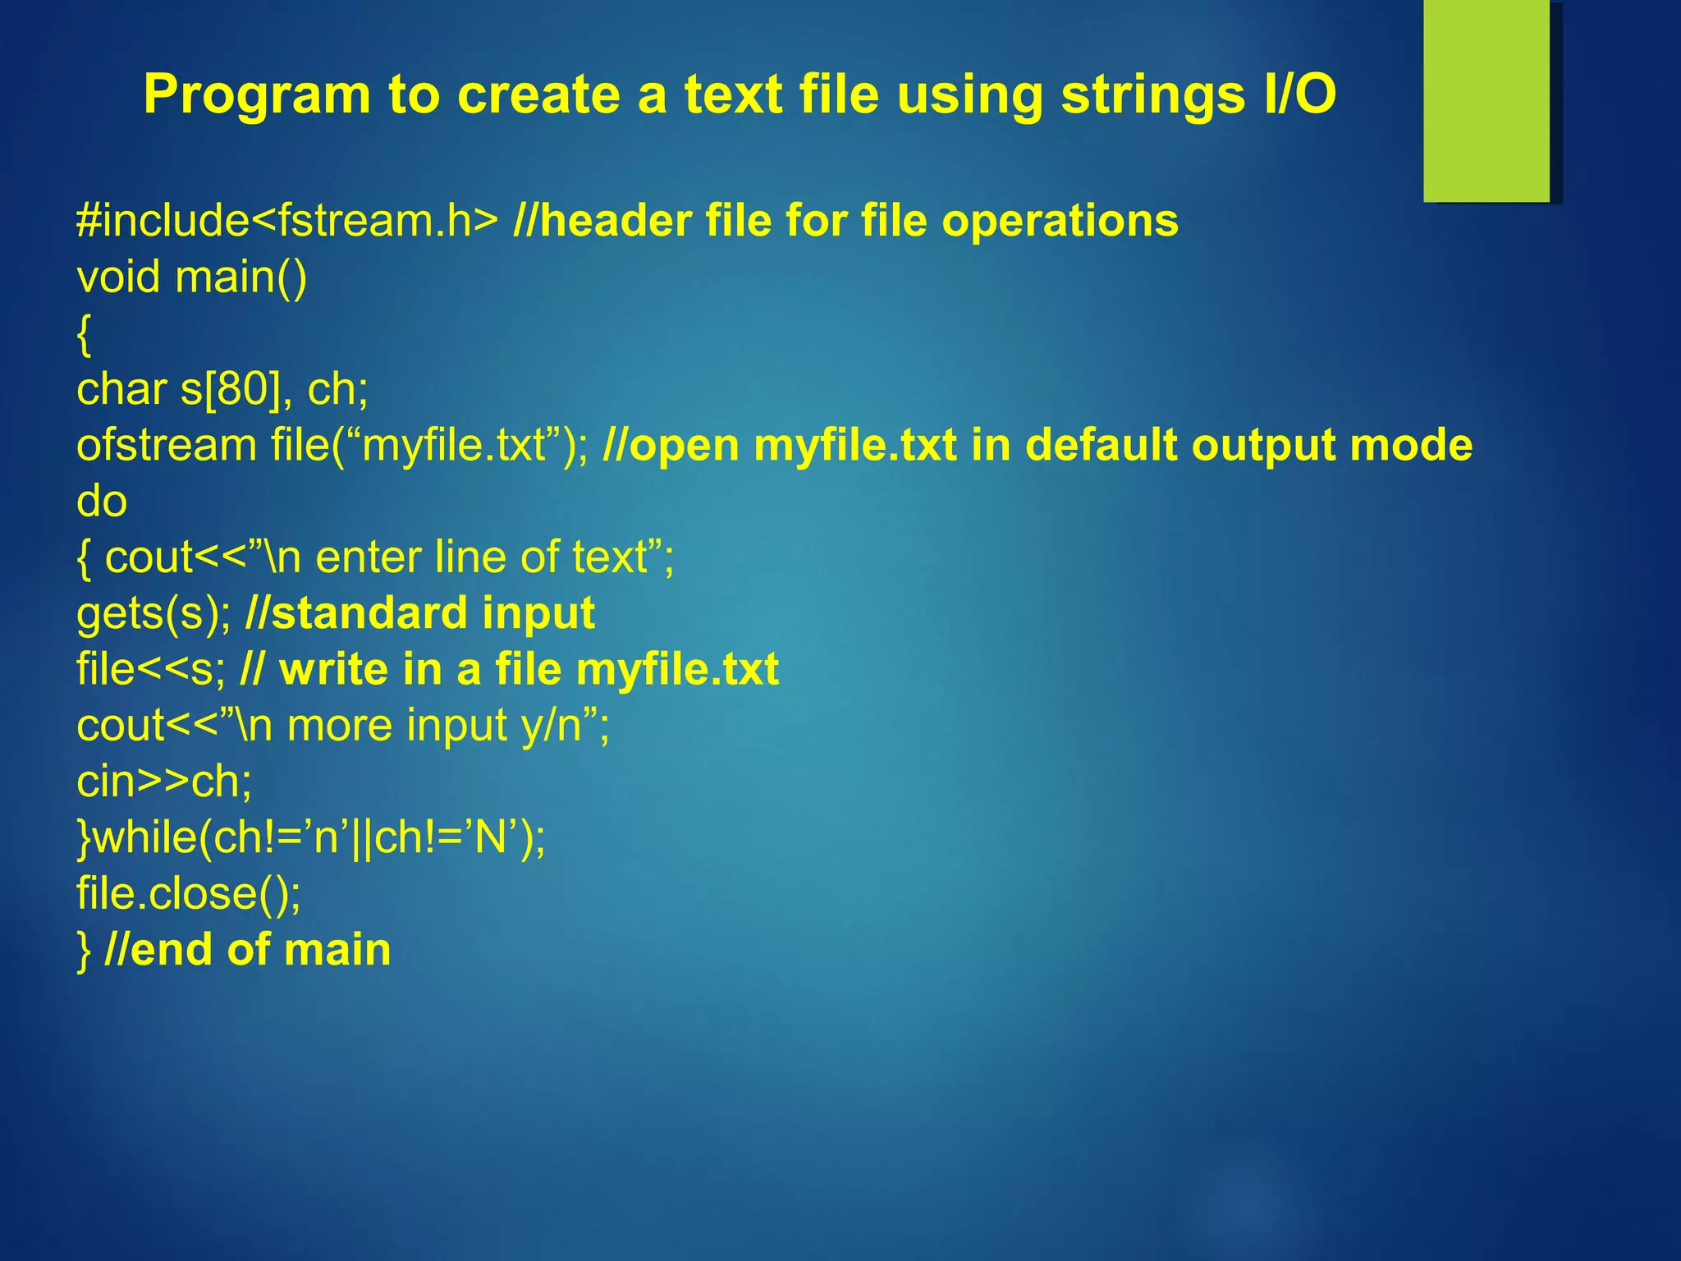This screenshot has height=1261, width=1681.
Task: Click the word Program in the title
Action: coord(257,94)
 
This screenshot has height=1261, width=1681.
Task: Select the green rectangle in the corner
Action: coord(1486,103)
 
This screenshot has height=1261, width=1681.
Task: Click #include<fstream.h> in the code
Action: coord(286,221)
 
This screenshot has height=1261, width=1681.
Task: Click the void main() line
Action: coord(191,277)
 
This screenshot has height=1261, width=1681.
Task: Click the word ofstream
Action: coord(167,445)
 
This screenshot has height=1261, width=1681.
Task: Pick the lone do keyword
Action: coord(102,501)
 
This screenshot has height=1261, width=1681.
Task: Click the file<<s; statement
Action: coord(150,669)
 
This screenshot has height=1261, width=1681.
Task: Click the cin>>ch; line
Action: coord(164,782)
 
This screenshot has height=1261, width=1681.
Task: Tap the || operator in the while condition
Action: coord(362,838)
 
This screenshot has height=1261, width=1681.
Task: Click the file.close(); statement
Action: coord(189,893)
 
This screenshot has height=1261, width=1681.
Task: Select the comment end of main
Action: coord(249,950)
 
